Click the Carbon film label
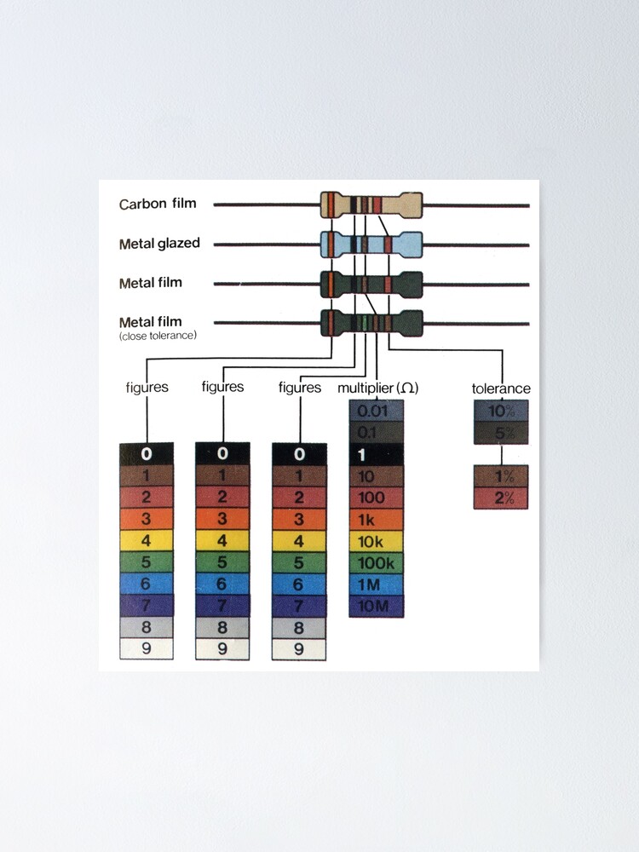click(158, 204)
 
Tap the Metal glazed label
click(159, 244)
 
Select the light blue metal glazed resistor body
click(371, 245)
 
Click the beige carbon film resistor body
click(371, 205)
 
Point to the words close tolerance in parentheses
click(158, 336)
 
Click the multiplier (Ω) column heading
click(378, 388)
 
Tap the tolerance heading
click(501, 389)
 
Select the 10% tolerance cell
click(501, 411)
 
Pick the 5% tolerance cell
click(501, 433)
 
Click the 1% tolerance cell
click(501, 476)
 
